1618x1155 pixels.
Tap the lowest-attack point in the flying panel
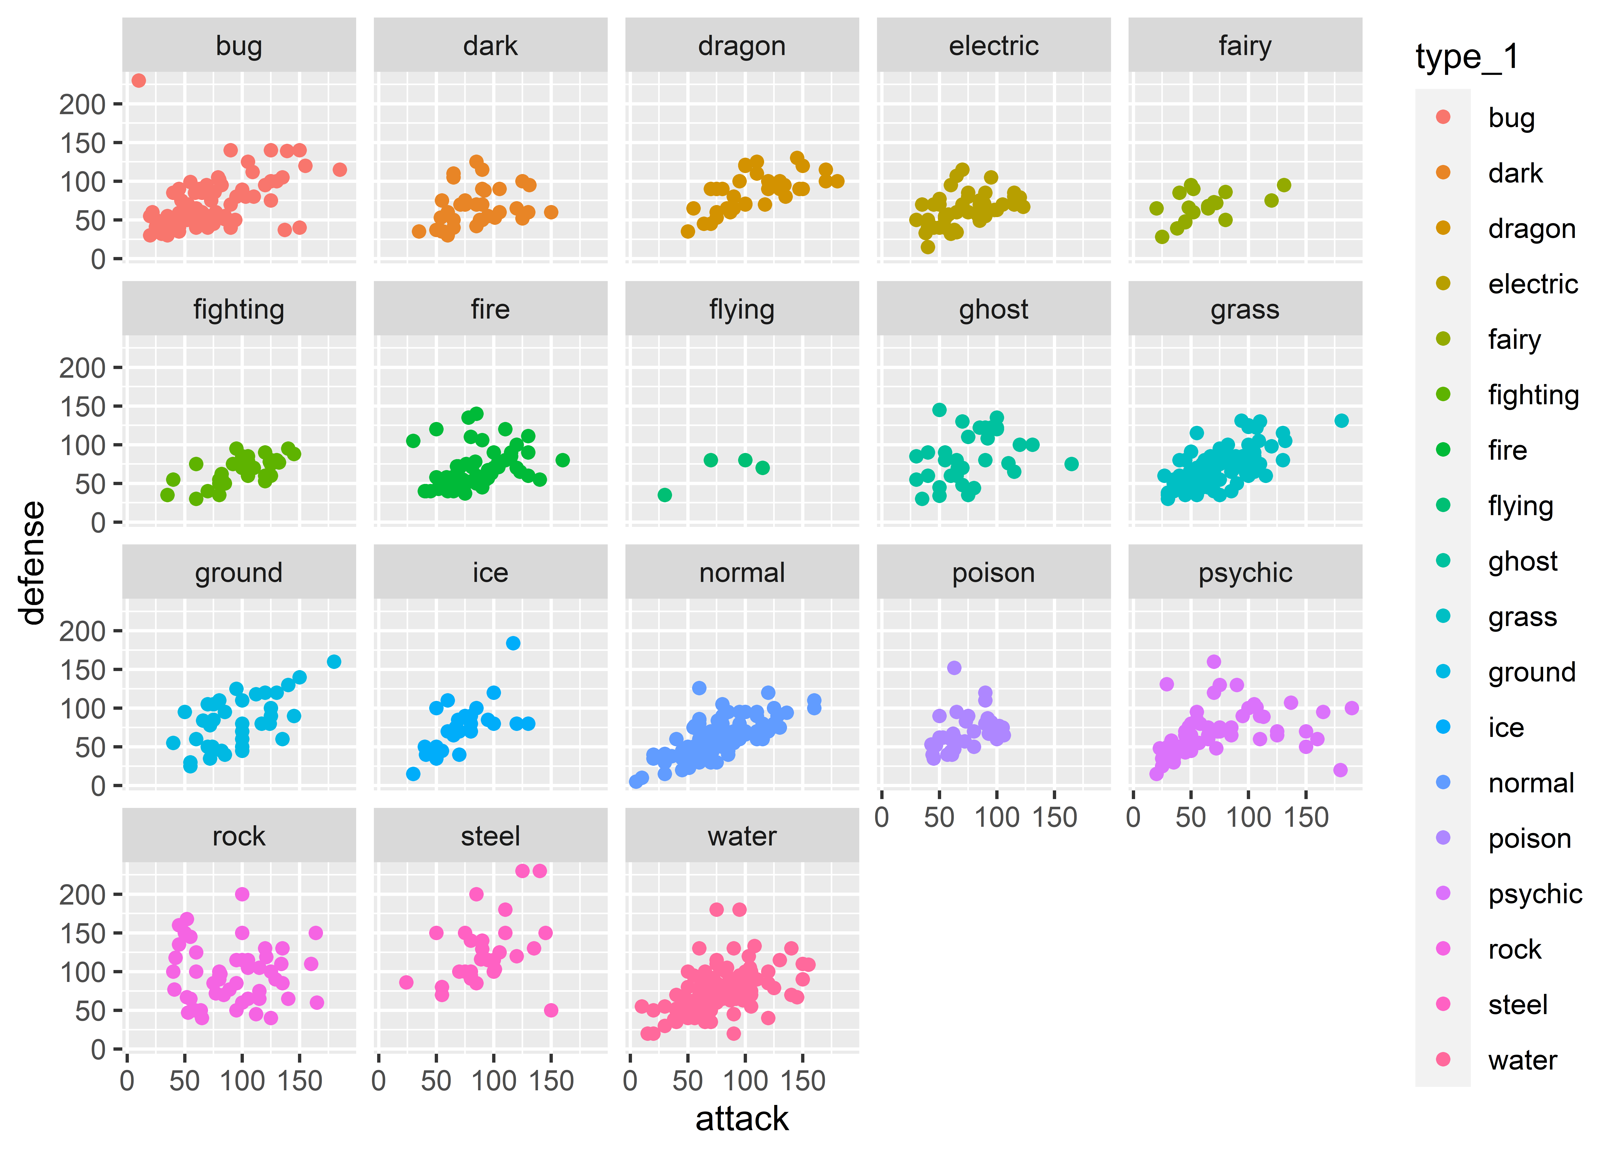pos(665,495)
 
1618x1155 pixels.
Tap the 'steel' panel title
pos(490,836)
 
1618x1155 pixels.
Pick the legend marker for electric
pos(1443,284)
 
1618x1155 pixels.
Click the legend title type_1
pos(1467,57)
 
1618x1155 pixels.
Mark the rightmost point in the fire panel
pos(562,460)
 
